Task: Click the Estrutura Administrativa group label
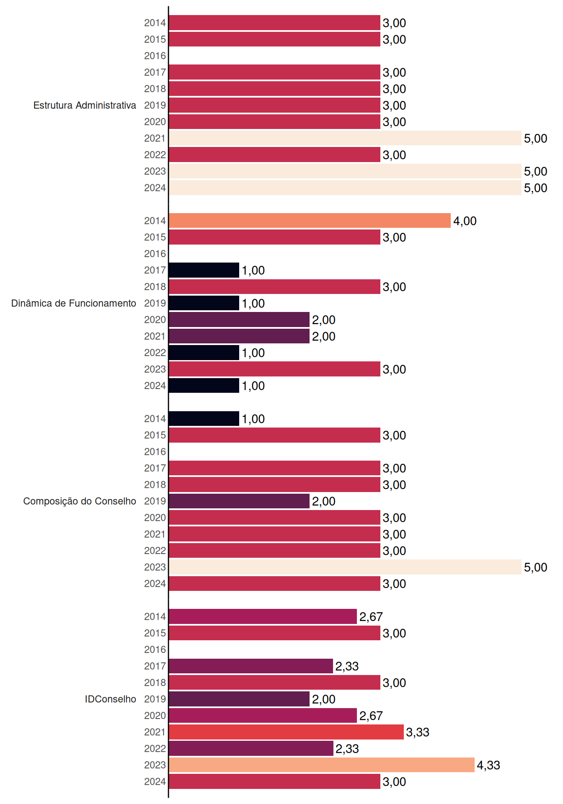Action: coord(85,105)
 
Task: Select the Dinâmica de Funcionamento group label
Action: coord(74,303)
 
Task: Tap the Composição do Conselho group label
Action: coord(80,501)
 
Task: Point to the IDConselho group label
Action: coord(111,699)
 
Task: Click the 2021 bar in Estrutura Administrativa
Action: coord(345,138)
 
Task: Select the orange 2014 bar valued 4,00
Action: coord(310,221)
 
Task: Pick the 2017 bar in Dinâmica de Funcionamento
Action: coord(204,270)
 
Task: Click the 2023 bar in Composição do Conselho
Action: coord(345,567)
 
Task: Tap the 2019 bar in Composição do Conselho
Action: coord(239,501)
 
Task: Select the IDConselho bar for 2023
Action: coord(322,765)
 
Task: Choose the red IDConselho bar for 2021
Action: coord(287,732)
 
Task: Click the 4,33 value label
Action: coord(488,765)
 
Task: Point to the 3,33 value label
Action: coord(418,732)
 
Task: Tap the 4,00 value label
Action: coord(465,221)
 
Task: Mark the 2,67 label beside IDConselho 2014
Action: coord(371,617)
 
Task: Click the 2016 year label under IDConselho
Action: coord(155,649)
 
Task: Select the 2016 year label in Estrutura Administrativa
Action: coord(155,56)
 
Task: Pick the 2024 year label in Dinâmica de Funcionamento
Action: coord(155,386)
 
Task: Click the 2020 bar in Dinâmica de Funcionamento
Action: coord(239,320)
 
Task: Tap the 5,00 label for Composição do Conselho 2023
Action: coord(536,567)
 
